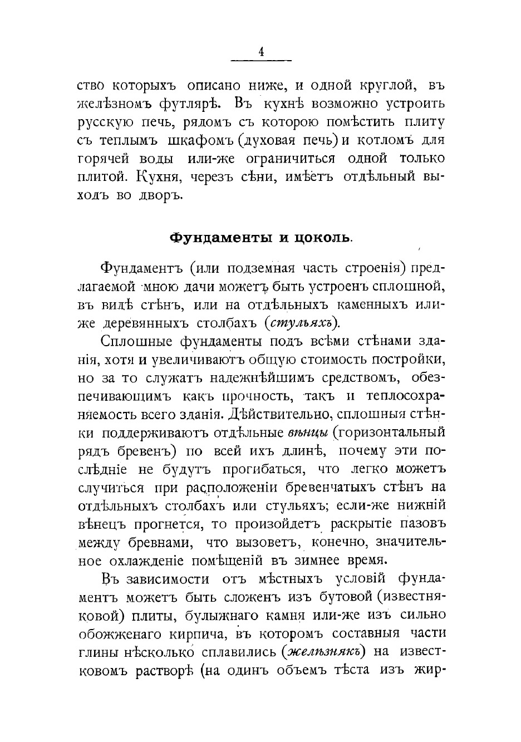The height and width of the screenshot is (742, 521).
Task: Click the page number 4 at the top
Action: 261,52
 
